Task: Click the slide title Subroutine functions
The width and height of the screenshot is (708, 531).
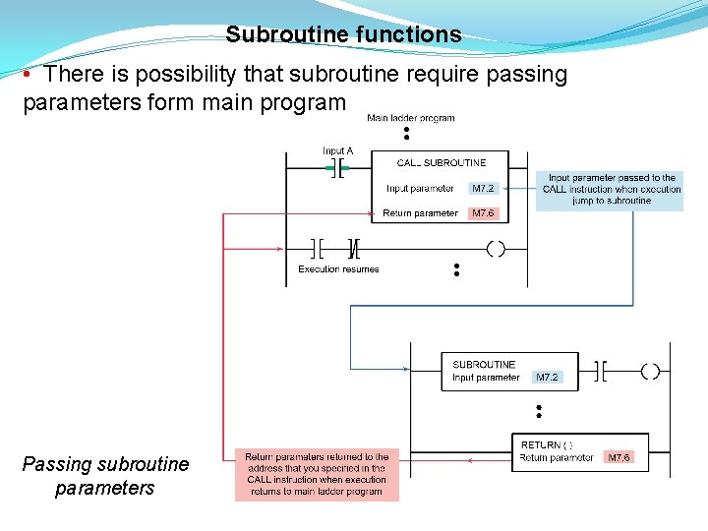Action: coord(343,35)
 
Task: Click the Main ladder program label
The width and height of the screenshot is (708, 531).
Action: coord(410,118)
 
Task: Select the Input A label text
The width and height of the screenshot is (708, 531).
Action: coord(337,150)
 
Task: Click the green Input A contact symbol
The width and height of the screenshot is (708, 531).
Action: coord(338,169)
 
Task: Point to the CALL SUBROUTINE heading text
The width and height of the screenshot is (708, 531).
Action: coord(441,162)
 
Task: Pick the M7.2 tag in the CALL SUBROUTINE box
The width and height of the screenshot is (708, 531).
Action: coord(483,188)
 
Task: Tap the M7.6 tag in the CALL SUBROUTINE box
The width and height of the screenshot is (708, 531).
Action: coord(483,213)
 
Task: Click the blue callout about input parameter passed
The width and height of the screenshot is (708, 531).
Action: coord(610,189)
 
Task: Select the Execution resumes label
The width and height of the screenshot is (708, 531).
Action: coord(338,268)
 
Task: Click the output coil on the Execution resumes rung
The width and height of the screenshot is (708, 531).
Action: coord(496,248)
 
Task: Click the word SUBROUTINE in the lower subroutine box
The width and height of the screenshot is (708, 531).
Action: coord(484,365)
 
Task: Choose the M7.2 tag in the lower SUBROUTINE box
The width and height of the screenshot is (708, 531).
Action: coord(547,378)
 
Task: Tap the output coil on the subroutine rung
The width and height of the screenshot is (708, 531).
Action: coord(650,371)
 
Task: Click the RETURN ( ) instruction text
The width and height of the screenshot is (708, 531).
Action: coord(547,445)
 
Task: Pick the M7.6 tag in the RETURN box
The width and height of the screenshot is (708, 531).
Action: coord(619,457)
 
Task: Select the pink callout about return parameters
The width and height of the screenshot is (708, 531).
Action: coord(317,474)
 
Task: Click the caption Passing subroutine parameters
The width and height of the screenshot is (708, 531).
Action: coord(105,476)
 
